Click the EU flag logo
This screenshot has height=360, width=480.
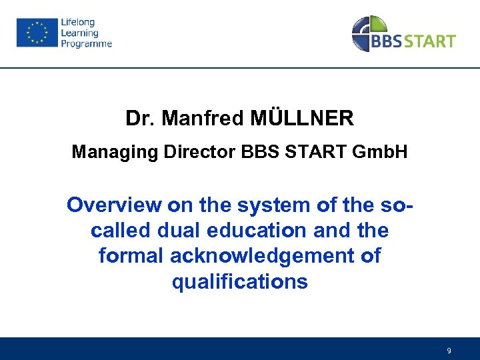click(x=37, y=33)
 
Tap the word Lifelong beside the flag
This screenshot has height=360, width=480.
click(x=77, y=23)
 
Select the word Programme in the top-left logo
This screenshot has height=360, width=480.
click(x=86, y=44)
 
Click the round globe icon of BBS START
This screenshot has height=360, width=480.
click(x=369, y=33)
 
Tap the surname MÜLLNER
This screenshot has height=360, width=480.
click(x=303, y=119)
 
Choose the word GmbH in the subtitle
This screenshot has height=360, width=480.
click(x=377, y=153)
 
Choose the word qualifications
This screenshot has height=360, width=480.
click(x=240, y=281)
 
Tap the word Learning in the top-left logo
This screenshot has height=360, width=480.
click(x=79, y=33)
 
